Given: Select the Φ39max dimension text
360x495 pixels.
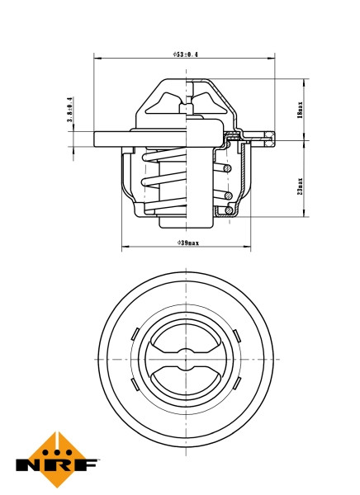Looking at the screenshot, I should click(x=187, y=243).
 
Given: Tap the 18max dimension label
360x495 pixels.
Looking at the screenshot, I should click(x=301, y=109).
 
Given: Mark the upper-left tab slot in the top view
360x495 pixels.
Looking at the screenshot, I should click(x=134, y=333).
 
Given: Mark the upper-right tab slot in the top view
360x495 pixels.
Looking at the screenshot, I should click(x=235, y=333).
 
